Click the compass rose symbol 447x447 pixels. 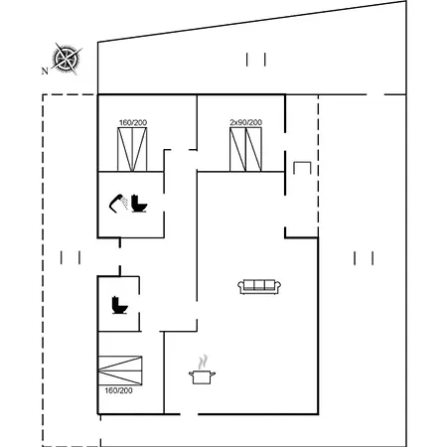click(x=67, y=59)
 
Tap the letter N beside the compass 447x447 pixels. click(x=45, y=71)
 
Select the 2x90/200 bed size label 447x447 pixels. click(x=246, y=122)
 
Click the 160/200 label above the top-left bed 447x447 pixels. click(x=133, y=123)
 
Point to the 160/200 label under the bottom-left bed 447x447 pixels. click(x=118, y=390)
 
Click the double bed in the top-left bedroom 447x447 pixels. click(x=132, y=149)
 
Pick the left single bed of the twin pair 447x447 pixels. click(x=237, y=149)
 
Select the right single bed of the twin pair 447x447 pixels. click(x=253, y=149)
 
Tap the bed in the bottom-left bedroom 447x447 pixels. click(x=120, y=371)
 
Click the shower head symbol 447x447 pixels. click(x=118, y=203)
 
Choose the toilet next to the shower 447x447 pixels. click(x=139, y=204)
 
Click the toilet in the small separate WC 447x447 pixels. click(x=119, y=305)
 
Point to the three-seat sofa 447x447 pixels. click(x=259, y=287)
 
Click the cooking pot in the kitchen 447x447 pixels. click(x=202, y=377)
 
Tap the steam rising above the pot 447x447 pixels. click(x=203, y=362)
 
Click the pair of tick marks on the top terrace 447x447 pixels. click(x=256, y=60)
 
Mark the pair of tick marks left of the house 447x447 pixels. click(x=71, y=257)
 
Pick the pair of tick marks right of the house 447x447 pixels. click(x=364, y=258)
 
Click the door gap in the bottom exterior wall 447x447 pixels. click(x=189, y=414)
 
